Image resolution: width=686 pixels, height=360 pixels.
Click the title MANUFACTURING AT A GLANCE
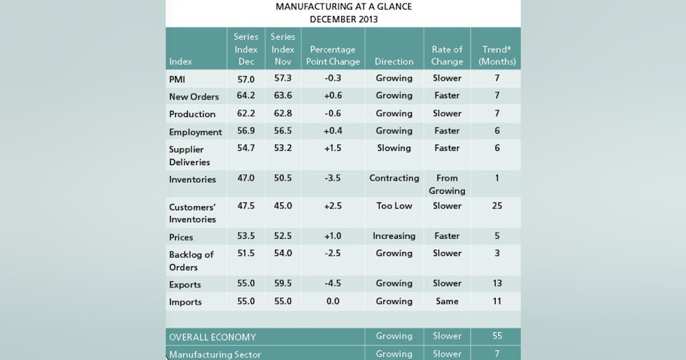pyautogui.click(x=343, y=7)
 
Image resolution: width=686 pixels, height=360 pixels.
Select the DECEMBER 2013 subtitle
pyautogui.click(x=343, y=19)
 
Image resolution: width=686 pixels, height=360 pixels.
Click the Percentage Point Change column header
pyautogui.click(x=333, y=55)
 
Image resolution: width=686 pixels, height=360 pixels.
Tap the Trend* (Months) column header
pyautogui.click(x=497, y=55)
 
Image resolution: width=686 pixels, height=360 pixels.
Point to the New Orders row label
pyautogui.click(x=194, y=97)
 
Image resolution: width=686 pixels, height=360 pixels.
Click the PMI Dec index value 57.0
pyautogui.click(x=246, y=78)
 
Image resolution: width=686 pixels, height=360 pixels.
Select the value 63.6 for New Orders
pyautogui.click(x=282, y=95)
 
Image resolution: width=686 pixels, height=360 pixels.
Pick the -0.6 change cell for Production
pyautogui.click(x=333, y=113)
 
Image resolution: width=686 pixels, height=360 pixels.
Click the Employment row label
pyautogui.click(x=196, y=132)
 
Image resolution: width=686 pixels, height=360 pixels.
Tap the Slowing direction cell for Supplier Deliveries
pyautogui.click(x=394, y=148)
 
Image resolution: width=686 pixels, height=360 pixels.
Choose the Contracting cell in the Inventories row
pyautogui.click(x=394, y=178)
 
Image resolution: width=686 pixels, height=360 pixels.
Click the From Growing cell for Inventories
pyautogui.click(x=447, y=185)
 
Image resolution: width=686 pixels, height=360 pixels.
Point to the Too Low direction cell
pyautogui.click(x=394, y=206)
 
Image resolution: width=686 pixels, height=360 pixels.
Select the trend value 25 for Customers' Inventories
pyautogui.click(x=497, y=206)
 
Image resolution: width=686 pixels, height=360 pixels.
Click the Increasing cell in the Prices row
pyautogui.click(x=394, y=236)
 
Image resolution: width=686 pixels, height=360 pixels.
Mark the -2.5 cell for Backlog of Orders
pyautogui.click(x=333, y=253)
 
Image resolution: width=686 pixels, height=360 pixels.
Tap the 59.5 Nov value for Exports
pyautogui.click(x=282, y=283)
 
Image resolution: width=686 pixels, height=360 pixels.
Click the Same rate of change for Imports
pyautogui.click(x=447, y=301)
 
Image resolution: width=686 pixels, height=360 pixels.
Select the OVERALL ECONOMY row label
pyautogui.click(x=212, y=337)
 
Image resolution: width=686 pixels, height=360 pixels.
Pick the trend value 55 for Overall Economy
pyautogui.click(x=497, y=336)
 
